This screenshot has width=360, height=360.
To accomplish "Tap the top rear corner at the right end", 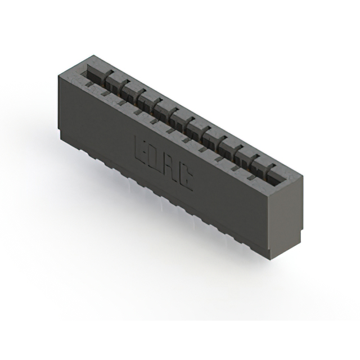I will tap(303, 175).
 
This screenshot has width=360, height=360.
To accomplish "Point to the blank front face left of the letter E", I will tap(96, 129).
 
